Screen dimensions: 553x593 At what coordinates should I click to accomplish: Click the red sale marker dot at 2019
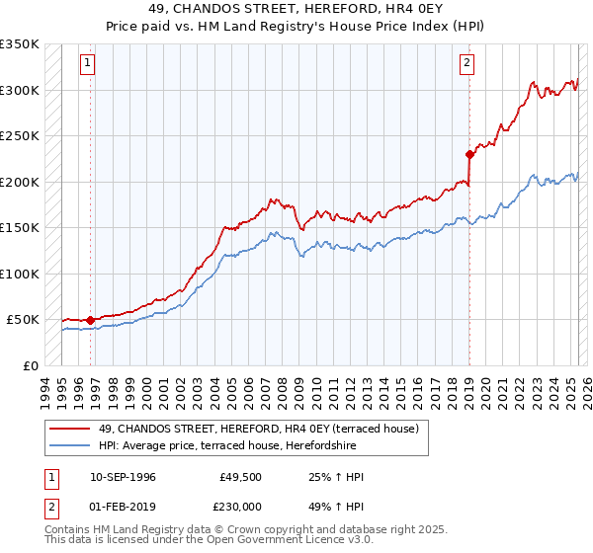point(469,154)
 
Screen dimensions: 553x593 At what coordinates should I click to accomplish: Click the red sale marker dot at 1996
point(90,320)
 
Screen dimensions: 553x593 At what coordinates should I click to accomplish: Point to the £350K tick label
point(20,44)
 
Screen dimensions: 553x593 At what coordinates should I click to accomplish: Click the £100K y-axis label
point(20,274)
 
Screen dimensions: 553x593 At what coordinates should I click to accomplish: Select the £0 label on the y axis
point(30,365)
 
